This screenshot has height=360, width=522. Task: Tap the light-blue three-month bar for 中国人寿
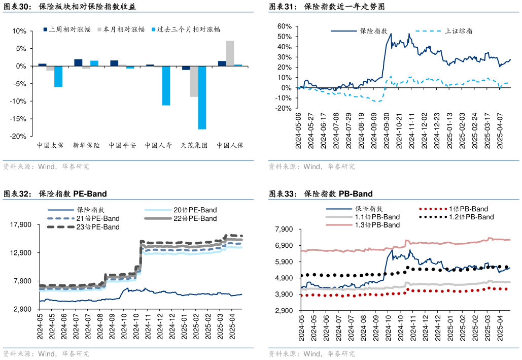click(x=166, y=85)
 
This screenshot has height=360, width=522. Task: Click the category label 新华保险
click(x=86, y=145)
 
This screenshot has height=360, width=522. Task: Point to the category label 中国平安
click(x=122, y=145)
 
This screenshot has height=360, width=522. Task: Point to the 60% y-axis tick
click(x=284, y=26)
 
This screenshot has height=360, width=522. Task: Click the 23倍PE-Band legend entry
click(x=98, y=227)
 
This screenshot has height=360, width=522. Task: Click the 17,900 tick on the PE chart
click(x=21, y=225)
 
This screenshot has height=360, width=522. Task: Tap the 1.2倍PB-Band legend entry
click(x=471, y=217)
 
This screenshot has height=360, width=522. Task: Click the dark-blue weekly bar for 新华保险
click(x=78, y=62)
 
